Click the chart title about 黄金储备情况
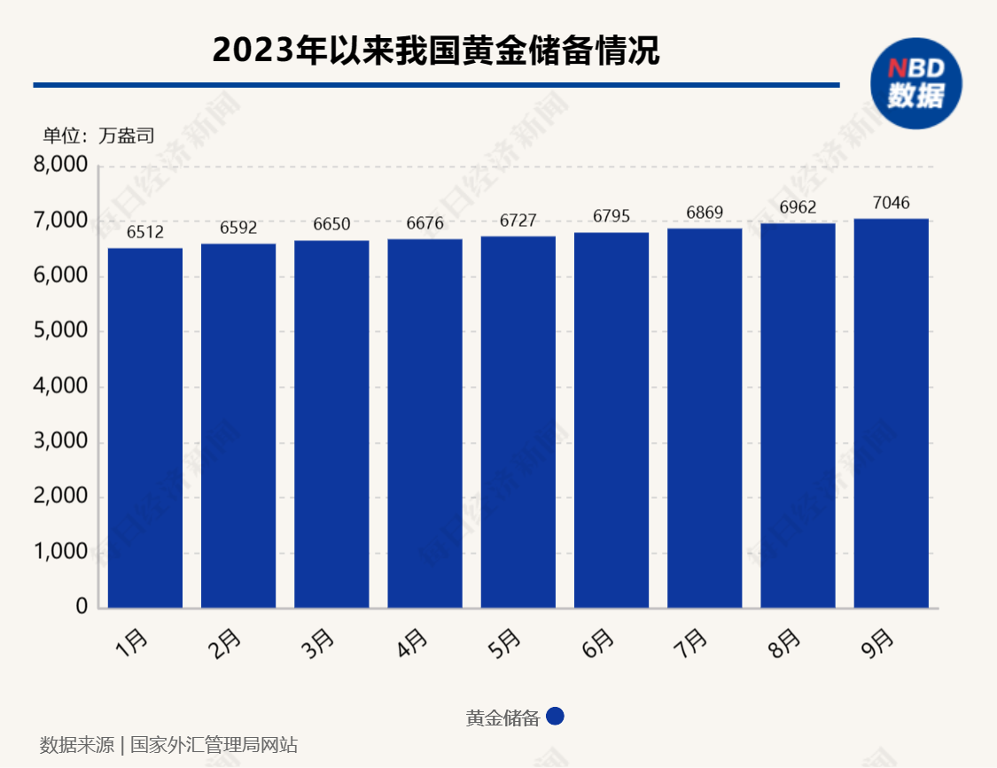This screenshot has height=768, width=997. [x=436, y=50]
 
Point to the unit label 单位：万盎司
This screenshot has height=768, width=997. [x=98, y=136]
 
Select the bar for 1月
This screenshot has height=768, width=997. [x=145, y=428]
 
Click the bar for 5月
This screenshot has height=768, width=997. [x=518, y=422]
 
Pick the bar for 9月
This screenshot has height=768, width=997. [x=892, y=413]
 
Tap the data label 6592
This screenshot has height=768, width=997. [x=238, y=228]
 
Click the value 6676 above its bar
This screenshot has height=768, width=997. [x=425, y=223]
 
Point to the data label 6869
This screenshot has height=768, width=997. [x=705, y=213]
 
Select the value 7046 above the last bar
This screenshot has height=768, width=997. [x=891, y=203]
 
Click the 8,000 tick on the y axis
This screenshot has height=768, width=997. [x=61, y=166]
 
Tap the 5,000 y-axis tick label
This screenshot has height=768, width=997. [x=61, y=331]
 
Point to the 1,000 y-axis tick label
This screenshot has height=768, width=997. [x=61, y=552]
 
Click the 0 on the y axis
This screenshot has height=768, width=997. [x=82, y=608]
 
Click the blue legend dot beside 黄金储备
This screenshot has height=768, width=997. [x=556, y=717]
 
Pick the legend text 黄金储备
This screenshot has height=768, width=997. [x=502, y=718]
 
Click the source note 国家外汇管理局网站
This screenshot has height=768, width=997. [x=214, y=745]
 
